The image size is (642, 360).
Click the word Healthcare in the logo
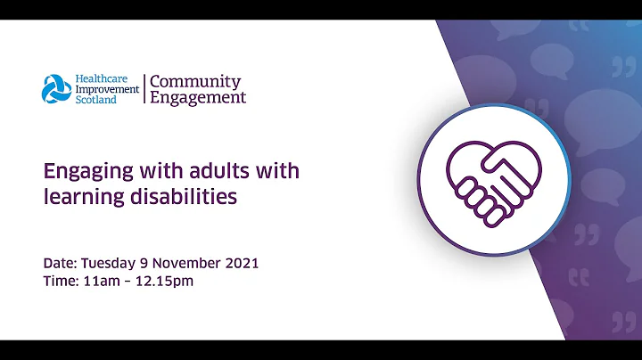(103, 78)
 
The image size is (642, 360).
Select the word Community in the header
(194, 81)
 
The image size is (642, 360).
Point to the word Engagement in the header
(198, 98)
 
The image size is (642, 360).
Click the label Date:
(60, 264)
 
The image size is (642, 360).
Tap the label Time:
(60, 282)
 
